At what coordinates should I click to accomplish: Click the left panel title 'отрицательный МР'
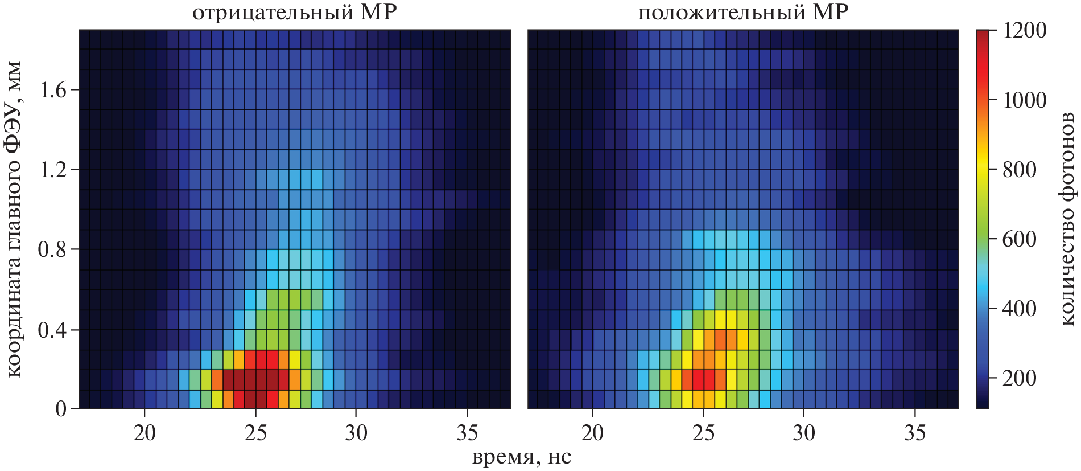294,13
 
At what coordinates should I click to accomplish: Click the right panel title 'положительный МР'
743,13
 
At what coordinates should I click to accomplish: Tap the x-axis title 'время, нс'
521,457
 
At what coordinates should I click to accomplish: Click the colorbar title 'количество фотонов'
1067,219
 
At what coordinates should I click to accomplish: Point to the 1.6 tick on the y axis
52,90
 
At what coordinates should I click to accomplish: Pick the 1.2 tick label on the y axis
52,170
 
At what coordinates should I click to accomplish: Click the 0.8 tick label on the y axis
52,249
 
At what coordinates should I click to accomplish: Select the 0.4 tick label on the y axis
52,330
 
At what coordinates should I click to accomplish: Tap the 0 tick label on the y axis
61,409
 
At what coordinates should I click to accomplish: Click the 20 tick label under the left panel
145,433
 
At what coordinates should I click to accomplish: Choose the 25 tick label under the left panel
255,433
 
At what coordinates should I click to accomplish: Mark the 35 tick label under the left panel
467,433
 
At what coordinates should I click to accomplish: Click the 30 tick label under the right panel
804,433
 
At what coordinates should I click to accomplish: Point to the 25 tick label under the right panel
703,433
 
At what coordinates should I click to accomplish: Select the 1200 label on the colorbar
1025,30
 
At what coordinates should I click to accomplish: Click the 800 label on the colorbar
1019,170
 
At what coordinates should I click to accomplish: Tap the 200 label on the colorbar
1019,378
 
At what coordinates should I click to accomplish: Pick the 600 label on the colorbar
1019,239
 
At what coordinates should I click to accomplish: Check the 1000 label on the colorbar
1025,100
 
